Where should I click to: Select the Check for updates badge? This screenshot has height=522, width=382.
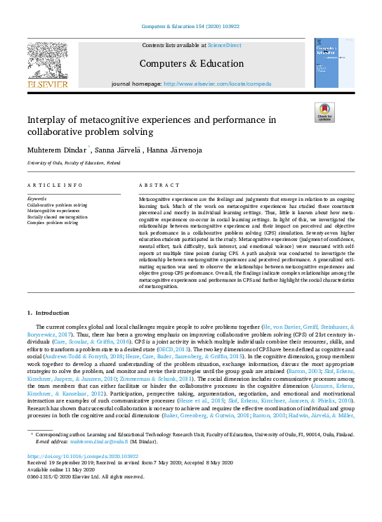[x=324, y=112]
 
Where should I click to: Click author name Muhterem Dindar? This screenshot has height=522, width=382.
[x=55, y=149]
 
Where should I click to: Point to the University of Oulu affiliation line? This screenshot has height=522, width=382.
[x=70, y=162]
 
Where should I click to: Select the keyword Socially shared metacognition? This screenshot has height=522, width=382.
[x=58, y=217]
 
